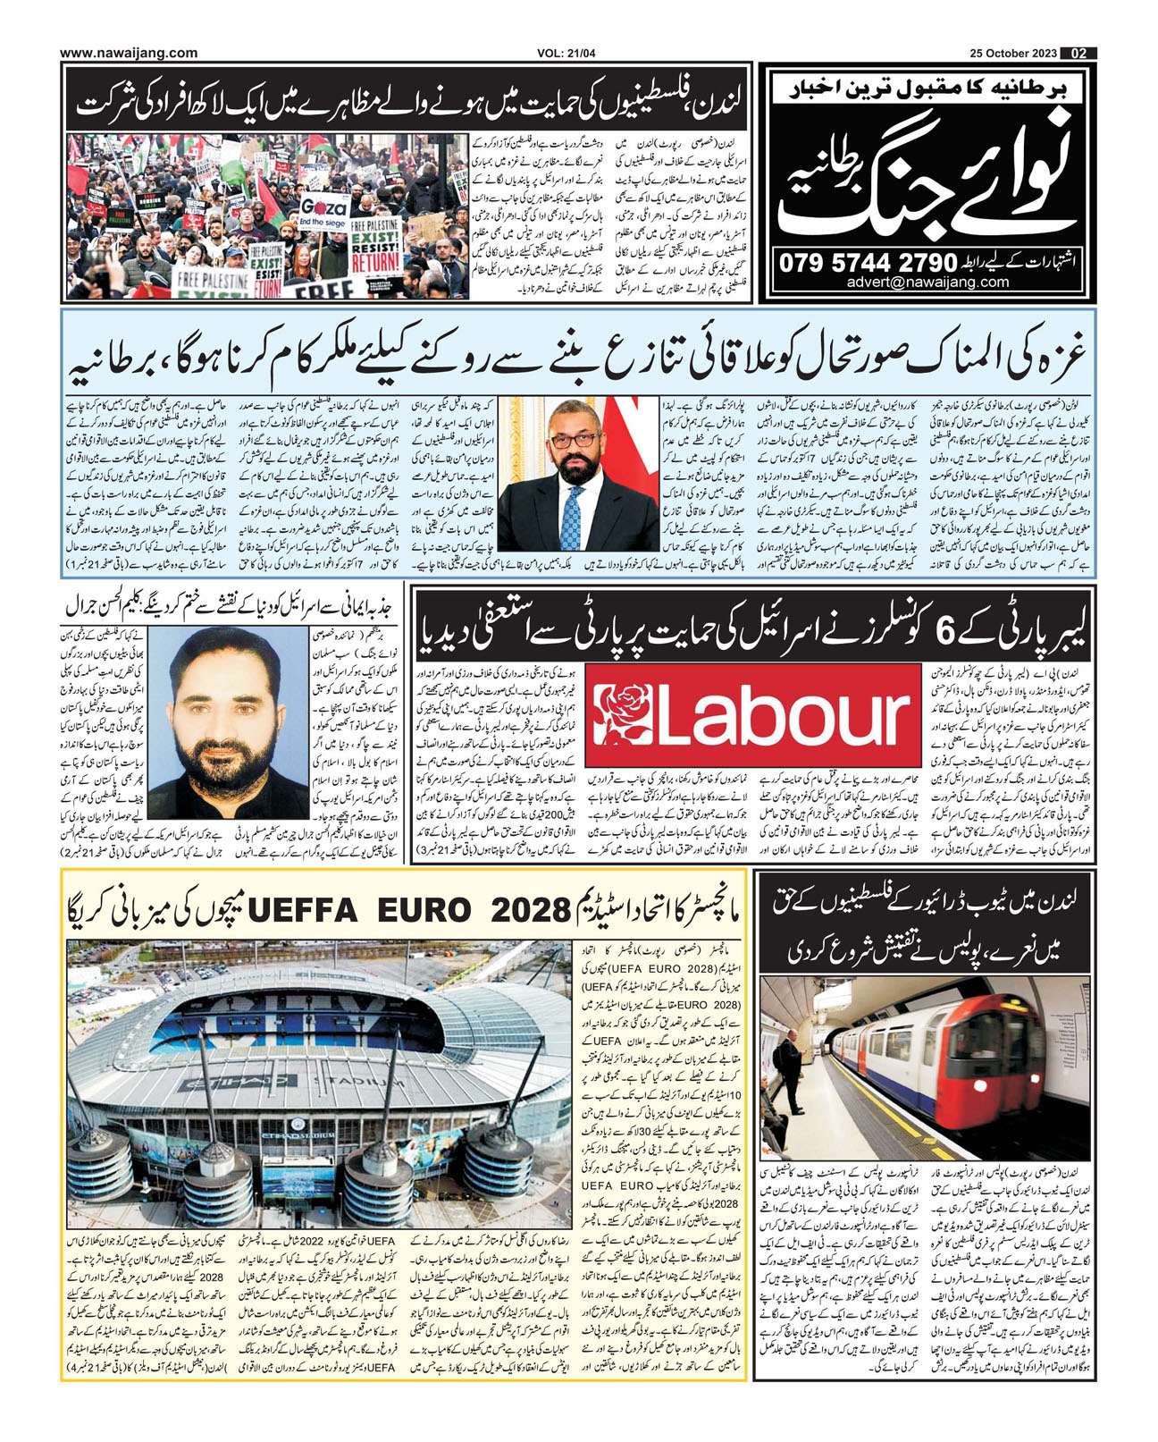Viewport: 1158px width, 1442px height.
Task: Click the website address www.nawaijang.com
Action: pos(129,54)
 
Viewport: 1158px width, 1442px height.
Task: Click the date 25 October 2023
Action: pos(1013,54)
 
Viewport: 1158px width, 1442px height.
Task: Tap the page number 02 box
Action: pos(1079,54)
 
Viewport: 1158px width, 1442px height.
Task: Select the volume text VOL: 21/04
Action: pos(566,54)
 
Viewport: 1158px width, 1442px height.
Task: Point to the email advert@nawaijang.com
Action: pos(928,282)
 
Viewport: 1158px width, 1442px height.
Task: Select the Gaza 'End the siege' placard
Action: pos(323,209)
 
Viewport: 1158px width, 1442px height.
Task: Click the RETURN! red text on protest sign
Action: pos(375,264)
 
